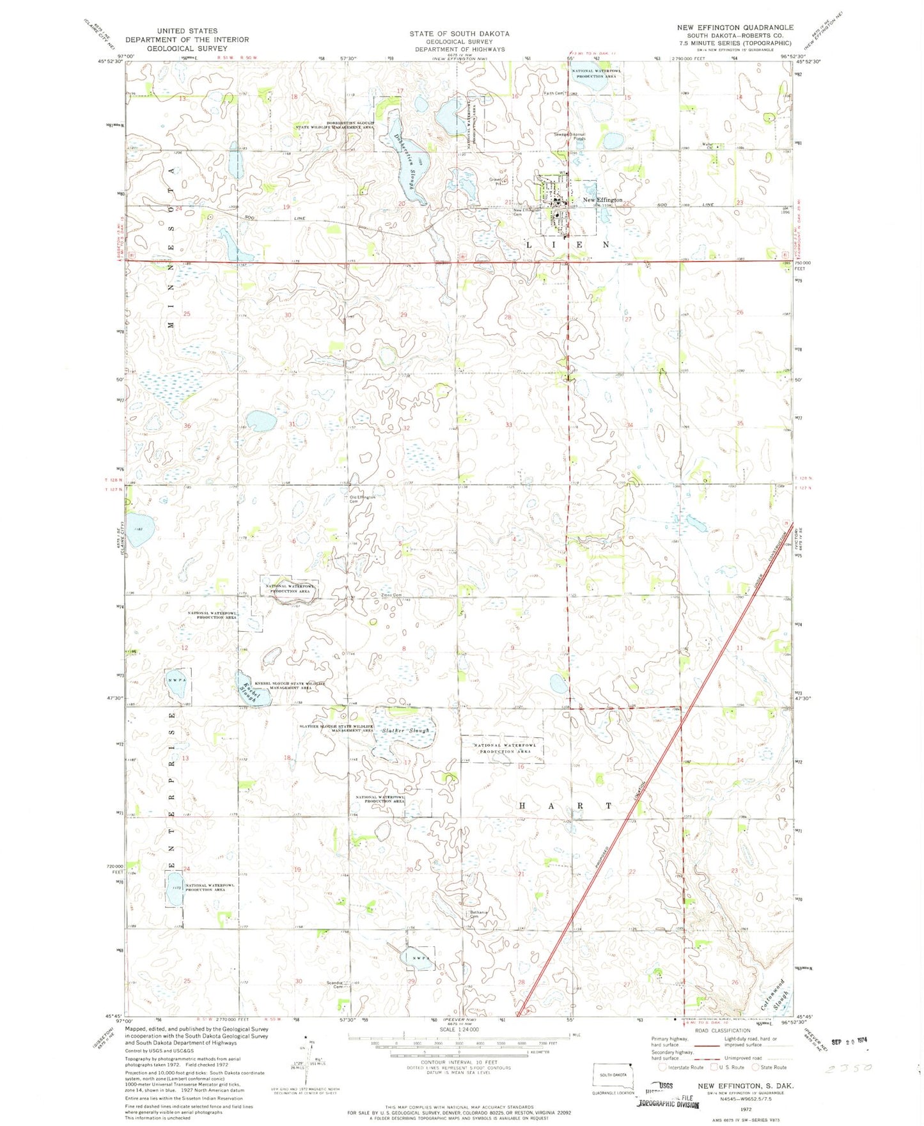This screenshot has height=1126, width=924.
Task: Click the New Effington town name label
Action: tap(602, 200)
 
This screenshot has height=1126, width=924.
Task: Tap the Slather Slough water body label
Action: tap(405, 730)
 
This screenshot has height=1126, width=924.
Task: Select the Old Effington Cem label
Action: tap(362, 499)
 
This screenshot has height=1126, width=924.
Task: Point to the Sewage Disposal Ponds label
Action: tap(569, 136)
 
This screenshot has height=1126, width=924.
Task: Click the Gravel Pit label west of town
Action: tap(497, 181)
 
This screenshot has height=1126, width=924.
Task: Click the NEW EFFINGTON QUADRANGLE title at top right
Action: tap(735, 27)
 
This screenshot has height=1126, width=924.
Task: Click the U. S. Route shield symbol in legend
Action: tap(714, 1067)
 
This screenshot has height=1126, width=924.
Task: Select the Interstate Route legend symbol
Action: tap(662, 1067)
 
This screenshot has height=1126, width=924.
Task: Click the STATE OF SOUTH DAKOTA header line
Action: tap(459, 33)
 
